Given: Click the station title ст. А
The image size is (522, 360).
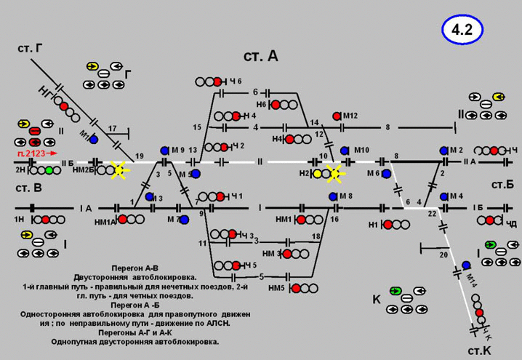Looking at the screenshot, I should point(260,57).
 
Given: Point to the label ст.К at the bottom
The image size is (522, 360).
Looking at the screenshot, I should point(480,352).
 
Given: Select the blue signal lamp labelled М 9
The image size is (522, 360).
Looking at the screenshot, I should point(164,150).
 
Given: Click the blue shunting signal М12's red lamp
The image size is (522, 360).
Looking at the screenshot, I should point(337,116).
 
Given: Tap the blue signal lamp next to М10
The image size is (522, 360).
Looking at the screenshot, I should point(345,150).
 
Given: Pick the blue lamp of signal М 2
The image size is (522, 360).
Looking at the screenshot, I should point(443,150).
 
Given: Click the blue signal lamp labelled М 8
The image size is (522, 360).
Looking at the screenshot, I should point(333,196).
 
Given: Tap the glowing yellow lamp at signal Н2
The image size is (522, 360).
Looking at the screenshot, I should point(334,173).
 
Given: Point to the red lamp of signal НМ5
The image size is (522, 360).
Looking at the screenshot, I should point(297,288).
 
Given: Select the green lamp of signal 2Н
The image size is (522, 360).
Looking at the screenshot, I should point(49,170).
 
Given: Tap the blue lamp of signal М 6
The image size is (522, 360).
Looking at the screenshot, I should point(388,173).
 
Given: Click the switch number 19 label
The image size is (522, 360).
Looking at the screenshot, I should point(140,156).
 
